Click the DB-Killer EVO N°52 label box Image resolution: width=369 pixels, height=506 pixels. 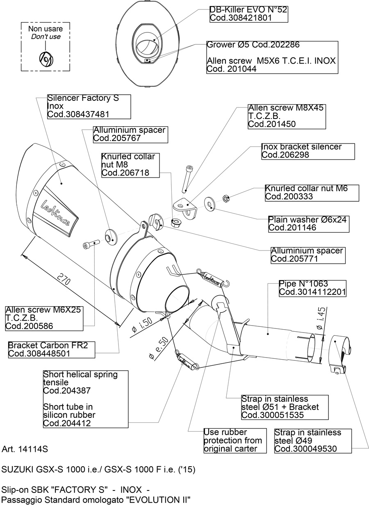(x=248, y=14)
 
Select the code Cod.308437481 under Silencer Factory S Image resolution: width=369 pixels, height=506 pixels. (x=79, y=115)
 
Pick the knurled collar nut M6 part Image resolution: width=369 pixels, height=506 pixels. (x=225, y=198)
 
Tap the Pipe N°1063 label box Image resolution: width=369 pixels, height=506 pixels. (x=312, y=288)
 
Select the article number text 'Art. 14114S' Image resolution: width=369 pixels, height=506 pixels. (x=25, y=449)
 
